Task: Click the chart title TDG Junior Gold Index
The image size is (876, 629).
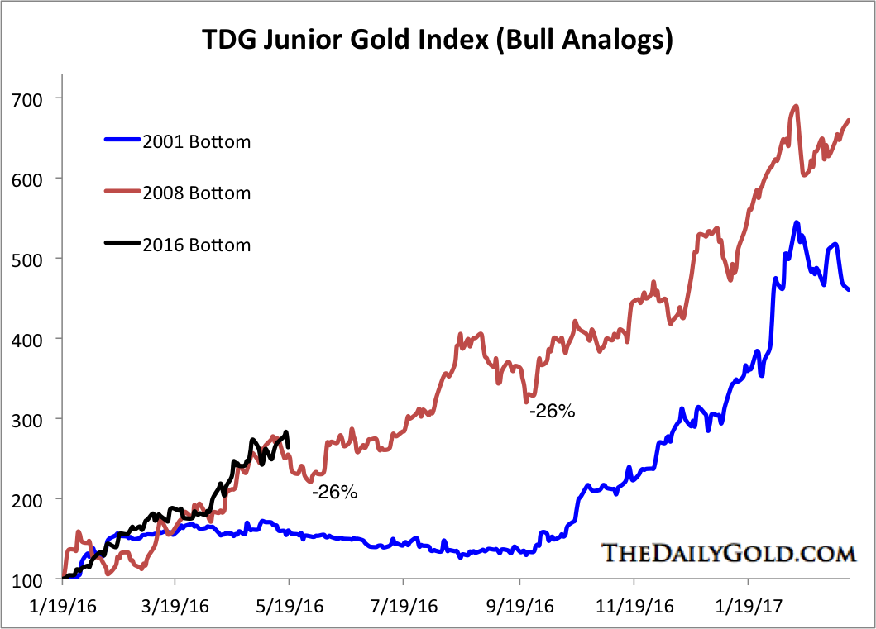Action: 438,39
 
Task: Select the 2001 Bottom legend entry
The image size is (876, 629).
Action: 197,141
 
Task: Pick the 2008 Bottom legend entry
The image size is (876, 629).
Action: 197,193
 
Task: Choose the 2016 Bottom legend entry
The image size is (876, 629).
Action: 197,245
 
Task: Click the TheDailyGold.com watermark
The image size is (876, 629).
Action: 728,552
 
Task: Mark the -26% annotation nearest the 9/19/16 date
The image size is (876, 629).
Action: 552,411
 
